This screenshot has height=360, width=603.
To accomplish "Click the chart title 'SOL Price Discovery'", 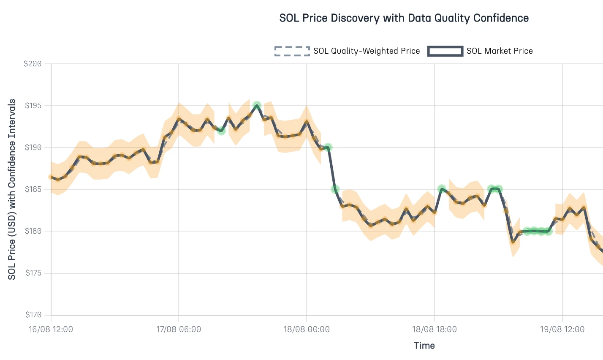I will tap(404, 18).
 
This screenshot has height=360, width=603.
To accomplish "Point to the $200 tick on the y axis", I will tap(33, 64).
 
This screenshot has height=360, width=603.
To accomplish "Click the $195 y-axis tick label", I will tap(33, 106).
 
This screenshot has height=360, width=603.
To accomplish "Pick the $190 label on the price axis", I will tap(33, 147).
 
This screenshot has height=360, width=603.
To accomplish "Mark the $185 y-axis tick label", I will tap(33, 189).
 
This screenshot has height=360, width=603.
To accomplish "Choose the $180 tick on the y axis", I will tap(33, 231).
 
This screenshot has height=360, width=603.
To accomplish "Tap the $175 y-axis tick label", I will tap(33, 273).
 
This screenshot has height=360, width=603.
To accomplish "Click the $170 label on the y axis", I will tap(33, 315).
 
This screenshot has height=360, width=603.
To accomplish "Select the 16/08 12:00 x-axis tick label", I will tap(51, 329).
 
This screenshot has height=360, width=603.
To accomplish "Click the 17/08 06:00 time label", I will tap(179, 329).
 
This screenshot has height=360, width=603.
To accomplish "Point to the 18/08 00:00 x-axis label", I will tap(307, 329).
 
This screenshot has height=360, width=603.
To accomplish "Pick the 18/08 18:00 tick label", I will tap(435, 329).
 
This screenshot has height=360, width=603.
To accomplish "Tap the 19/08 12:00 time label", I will tap(562, 329).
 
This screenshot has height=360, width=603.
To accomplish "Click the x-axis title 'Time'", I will tap(424, 346).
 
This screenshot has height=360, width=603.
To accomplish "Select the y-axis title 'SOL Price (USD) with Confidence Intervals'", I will tap(12, 189).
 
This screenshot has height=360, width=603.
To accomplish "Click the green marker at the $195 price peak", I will tap(257, 105).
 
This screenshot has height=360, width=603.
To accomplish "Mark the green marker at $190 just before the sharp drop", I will tap(328, 147).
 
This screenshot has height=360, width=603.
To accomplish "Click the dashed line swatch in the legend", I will tap(292, 51).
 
